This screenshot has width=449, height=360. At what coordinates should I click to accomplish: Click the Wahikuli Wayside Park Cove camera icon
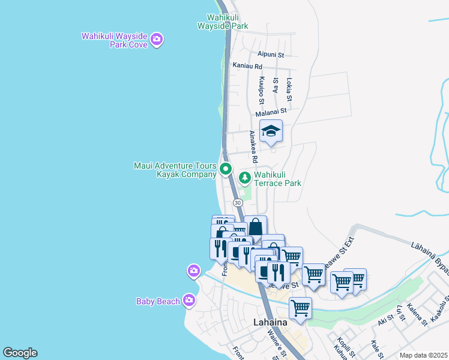(157, 40)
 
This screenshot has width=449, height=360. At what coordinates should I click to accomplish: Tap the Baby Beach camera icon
(189, 300)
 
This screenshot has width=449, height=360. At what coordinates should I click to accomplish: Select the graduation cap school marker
(271, 131)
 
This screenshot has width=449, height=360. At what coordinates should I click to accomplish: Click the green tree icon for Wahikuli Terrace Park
(244, 178)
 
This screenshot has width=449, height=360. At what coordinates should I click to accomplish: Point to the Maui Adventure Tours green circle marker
(226, 169)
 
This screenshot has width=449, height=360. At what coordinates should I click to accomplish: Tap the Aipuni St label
(270, 54)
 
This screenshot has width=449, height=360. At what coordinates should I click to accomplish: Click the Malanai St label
(271, 111)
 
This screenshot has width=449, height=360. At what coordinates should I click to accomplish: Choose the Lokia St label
(289, 89)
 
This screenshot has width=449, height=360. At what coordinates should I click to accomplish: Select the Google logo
(20, 353)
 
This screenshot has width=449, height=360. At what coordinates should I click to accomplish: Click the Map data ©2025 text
(423, 355)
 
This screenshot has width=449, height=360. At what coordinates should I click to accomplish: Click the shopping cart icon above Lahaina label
(300, 308)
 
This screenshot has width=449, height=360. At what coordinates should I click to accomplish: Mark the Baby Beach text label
(158, 302)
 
